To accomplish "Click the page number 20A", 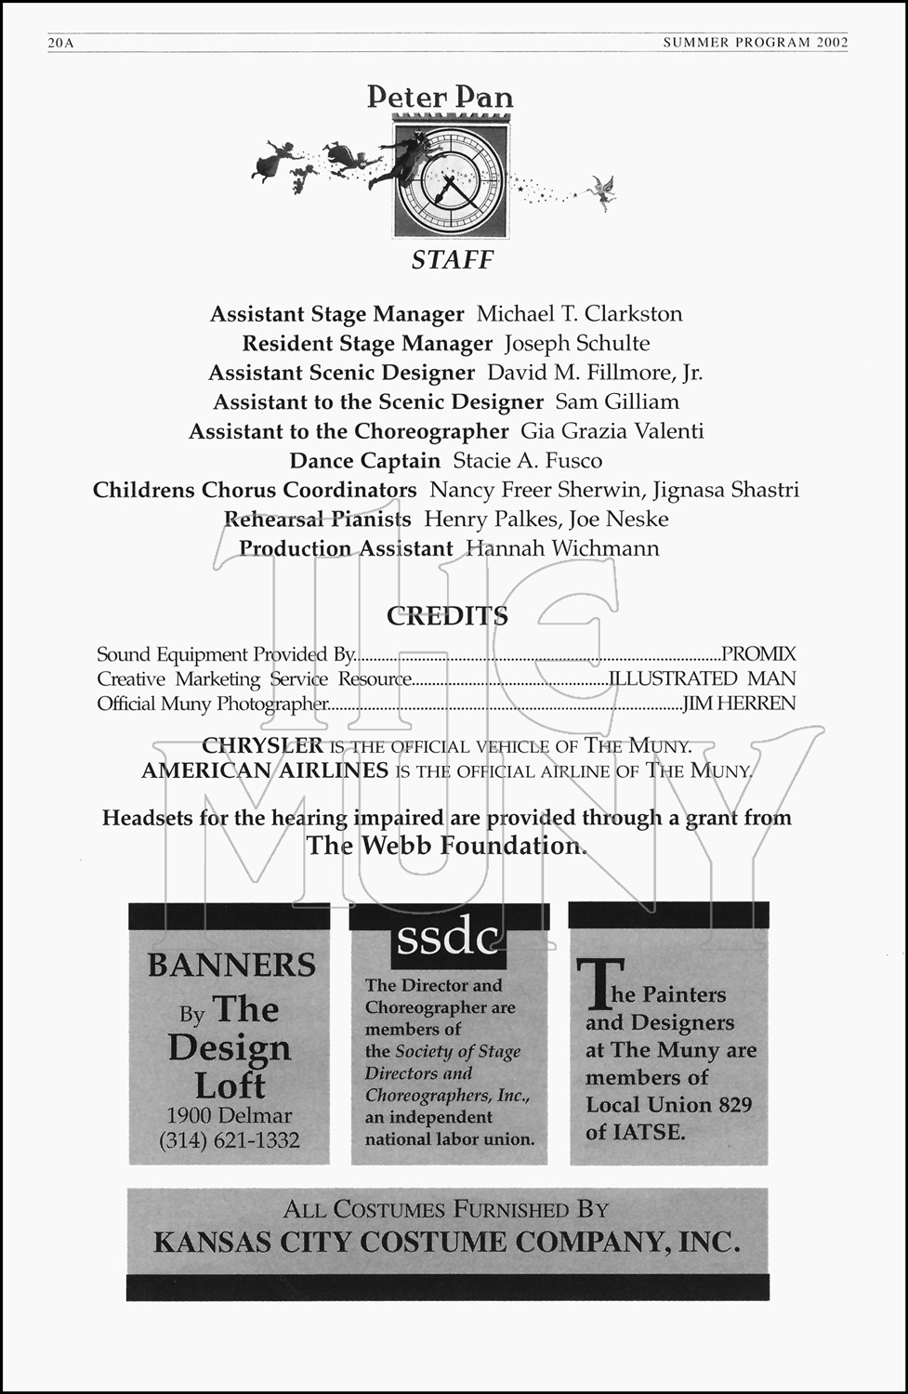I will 60,43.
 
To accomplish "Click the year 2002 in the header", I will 833,42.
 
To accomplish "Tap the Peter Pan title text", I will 440,97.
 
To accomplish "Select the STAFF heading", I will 453,260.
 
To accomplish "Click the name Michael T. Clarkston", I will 579,314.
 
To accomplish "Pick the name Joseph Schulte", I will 577,344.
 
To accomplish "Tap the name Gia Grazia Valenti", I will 612,431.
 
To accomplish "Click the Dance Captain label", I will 364,461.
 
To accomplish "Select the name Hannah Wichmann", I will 562,548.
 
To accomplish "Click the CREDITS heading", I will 447,616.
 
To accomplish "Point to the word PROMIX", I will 758,654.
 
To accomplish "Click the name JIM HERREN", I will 739,704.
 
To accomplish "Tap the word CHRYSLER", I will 262,745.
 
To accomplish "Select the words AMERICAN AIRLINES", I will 265,770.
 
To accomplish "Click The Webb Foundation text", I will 446,846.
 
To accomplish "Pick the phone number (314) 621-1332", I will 230,1140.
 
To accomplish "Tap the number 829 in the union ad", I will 732,1105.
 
